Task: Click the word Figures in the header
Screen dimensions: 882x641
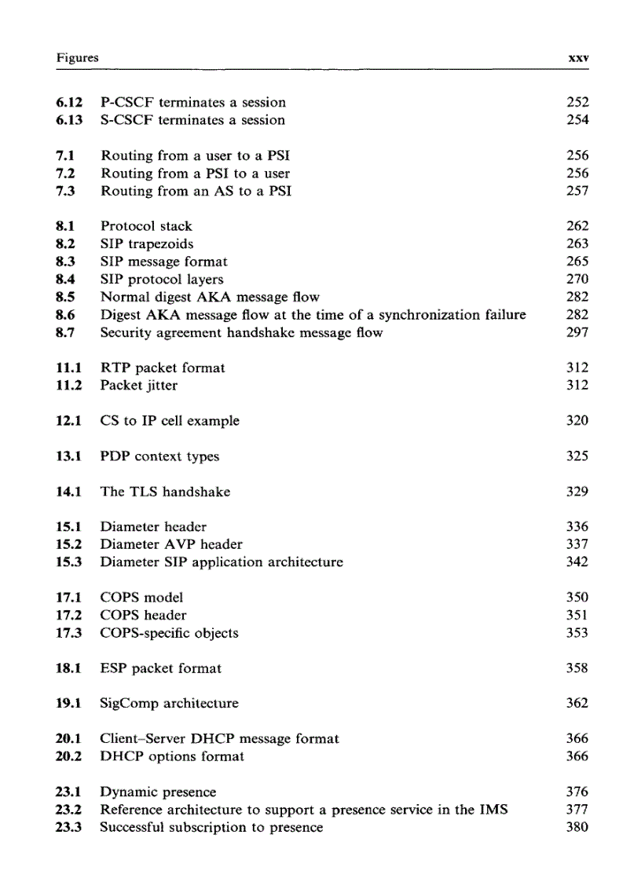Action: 76,59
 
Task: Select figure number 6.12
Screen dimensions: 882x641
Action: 71,102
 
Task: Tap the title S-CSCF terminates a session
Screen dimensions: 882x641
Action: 192,120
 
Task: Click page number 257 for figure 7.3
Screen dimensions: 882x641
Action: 577,191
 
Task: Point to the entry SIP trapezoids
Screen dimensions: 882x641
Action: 147,244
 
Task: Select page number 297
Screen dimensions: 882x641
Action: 577,332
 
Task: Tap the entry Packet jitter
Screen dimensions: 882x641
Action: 138,386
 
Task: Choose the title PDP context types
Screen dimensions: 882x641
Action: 159,456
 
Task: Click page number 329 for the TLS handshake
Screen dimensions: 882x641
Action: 577,492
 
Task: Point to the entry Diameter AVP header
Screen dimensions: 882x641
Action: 171,544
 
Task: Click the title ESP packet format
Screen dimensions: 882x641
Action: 160,668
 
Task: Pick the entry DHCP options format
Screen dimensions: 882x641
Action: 172,756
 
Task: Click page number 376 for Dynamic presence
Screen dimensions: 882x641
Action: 577,792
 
